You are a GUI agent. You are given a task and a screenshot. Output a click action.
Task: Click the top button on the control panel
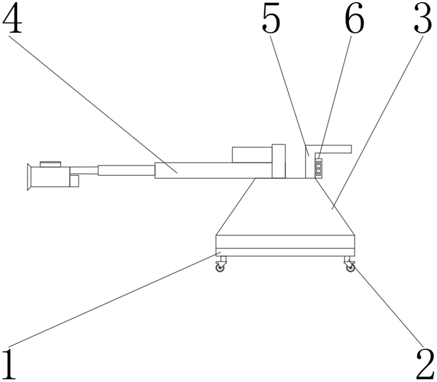point(318,164)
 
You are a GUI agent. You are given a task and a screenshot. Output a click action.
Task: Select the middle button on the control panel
point(318,168)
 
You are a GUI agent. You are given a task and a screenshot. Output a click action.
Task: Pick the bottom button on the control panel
point(318,173)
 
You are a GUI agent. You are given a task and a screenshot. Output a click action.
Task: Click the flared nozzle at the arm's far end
point(29,177)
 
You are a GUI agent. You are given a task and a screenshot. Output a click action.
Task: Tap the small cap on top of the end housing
point(50,164)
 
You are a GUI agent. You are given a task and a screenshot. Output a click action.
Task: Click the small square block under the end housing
point(74,181)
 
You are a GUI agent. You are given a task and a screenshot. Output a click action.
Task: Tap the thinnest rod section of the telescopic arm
point(84,170)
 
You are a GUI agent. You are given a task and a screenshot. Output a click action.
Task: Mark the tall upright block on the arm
point(279,161)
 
